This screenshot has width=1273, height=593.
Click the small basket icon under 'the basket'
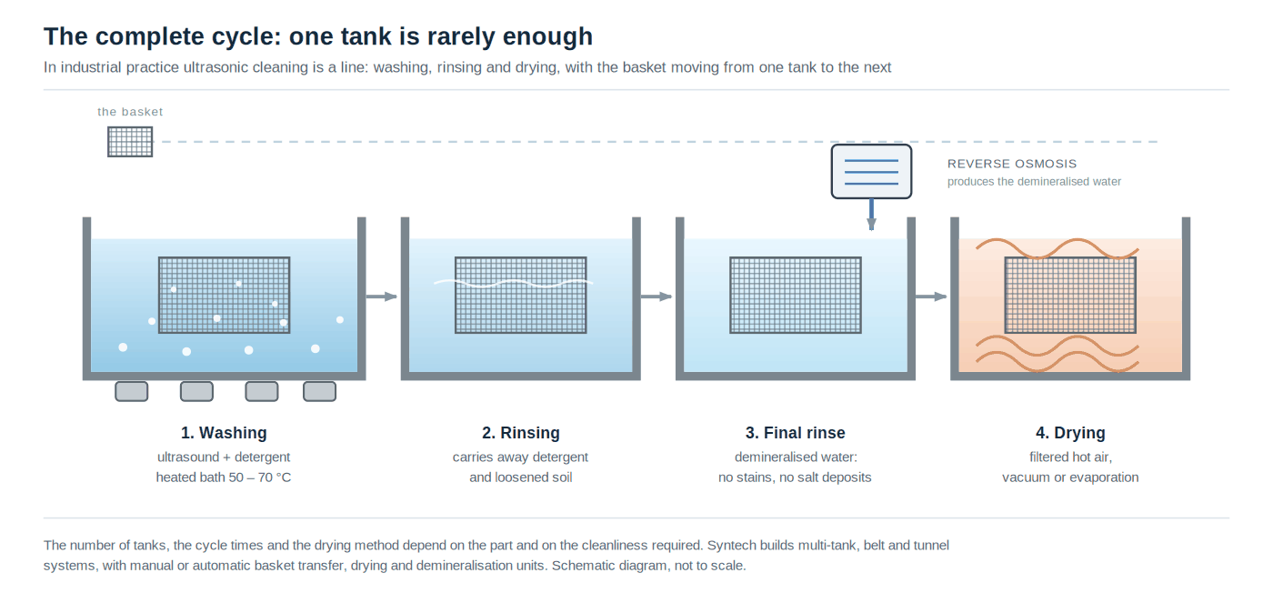coord(130,142)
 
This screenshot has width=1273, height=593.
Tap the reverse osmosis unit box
coord(871,171)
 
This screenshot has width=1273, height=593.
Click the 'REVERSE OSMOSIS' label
coord(1011,164)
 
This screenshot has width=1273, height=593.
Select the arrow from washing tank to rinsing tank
coord(381,296)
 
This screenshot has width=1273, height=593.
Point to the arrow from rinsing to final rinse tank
coord(657,296)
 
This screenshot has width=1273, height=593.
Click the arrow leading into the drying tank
coord(931,296)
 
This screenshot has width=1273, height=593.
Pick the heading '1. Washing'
coord(224,433)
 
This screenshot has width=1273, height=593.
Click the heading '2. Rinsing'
coord(520,433)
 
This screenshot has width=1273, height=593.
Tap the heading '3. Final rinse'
coord(795,433)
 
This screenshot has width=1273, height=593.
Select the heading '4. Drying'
coord(1070,433)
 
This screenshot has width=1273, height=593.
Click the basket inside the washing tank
coord(224,295)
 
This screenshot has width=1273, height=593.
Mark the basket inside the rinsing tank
coord(520,295)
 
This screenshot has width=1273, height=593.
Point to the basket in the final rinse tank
coord(796,295)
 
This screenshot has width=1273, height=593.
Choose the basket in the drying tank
coord(1070,295)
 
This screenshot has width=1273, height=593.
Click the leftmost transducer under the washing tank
coord(131,391)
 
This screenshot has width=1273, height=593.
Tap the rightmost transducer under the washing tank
coord(319,391)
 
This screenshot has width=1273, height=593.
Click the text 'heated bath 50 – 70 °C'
coord(224,477)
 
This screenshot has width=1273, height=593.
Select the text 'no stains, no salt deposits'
coord(795,477)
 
